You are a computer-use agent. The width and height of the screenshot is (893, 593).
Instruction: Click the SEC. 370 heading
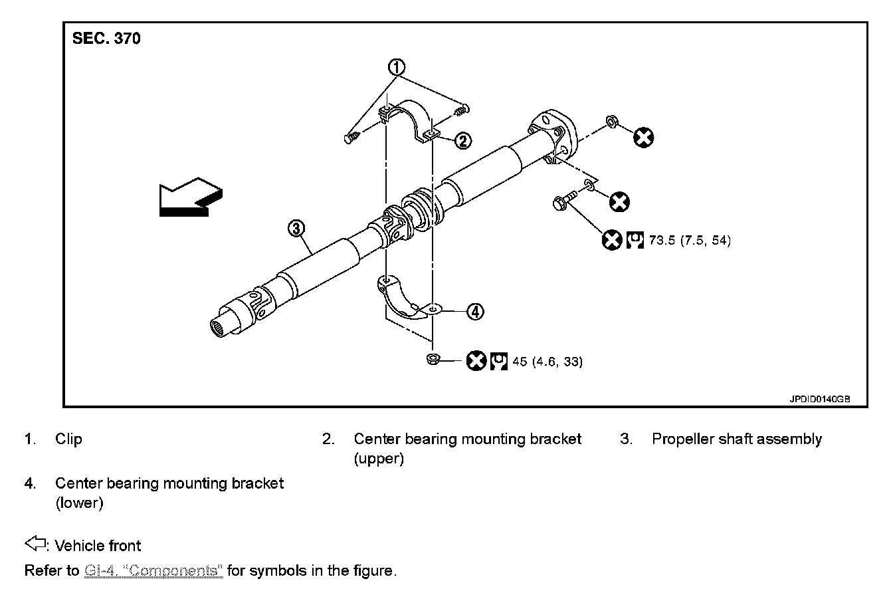[106, 39]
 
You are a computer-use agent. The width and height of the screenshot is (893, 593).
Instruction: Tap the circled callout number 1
[397, 67]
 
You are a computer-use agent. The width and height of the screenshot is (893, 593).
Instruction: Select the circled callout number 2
[463, 140]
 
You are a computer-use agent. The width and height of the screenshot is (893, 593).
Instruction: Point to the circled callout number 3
[296, 229]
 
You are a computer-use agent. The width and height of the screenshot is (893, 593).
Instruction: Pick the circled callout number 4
[474, 311]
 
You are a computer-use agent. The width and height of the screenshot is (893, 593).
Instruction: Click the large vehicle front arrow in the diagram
[190, 196]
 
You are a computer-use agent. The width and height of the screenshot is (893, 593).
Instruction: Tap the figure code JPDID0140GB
[819, 400]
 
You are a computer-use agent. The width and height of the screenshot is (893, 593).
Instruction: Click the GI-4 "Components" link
[153, 570]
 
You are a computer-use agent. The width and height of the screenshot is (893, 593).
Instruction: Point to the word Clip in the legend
[68, 439]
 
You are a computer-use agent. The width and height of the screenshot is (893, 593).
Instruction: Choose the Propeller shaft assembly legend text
[736, 439]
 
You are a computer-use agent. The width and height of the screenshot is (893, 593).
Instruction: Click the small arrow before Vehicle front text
[34, 544]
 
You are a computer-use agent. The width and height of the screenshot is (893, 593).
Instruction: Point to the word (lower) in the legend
[79, 503]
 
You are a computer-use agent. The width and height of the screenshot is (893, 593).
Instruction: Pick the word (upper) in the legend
[379, 459]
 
